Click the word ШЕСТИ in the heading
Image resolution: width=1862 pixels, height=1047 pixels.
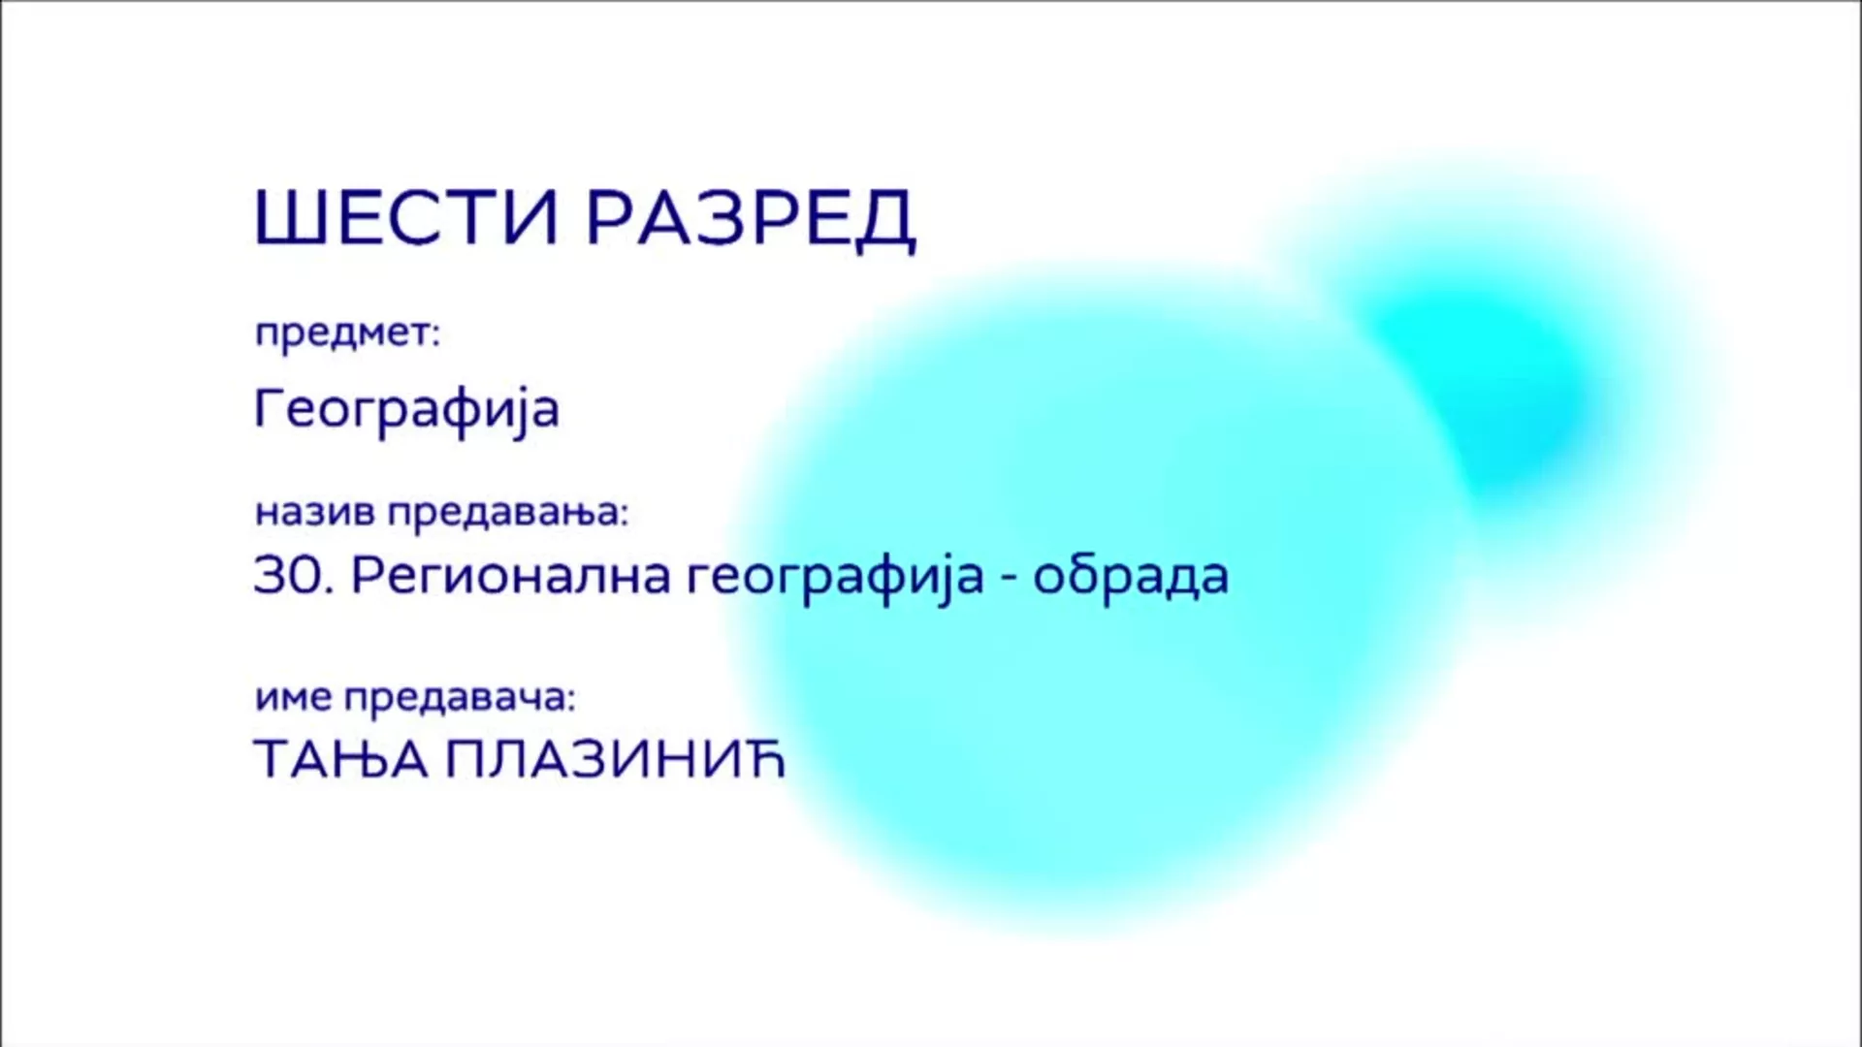406,217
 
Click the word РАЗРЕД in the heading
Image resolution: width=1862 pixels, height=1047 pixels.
752,219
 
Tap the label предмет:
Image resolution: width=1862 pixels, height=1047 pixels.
347,333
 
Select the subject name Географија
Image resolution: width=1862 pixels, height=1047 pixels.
406,409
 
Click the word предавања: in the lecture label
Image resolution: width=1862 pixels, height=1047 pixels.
508,513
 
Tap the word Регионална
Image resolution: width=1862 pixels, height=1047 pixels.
511,577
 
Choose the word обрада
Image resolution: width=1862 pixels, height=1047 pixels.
1131,575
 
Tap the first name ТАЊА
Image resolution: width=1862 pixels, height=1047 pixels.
340,760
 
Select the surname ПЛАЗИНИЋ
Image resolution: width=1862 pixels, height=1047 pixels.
614,759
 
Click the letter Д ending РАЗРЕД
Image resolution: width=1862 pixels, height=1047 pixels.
886,222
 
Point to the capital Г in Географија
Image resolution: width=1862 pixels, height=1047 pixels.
269,407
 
